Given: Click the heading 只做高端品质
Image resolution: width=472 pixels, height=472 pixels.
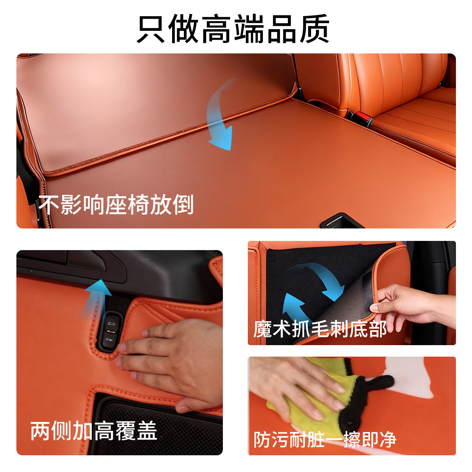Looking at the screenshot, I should pos(233,29).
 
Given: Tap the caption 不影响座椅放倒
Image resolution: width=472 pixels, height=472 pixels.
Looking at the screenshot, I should pos(116,205).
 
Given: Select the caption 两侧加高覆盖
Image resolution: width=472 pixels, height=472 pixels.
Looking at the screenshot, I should pos(94,431).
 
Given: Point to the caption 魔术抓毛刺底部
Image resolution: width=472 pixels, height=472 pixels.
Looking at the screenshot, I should pos(320,329).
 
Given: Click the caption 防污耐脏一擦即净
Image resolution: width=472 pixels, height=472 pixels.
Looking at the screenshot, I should pos(325,440).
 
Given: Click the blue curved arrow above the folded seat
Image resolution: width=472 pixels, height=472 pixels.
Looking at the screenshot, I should pos(221,115).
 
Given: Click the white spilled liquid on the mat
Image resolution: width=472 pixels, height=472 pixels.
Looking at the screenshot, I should pos(413,377).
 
